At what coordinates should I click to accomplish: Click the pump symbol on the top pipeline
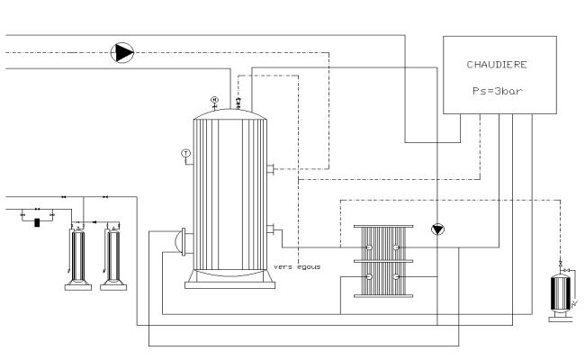click(121, 53)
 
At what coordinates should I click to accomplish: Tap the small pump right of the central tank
click(437, 229)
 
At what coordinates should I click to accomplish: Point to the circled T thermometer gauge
click(186, 153)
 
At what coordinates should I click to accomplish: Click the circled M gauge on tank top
click(214, 99)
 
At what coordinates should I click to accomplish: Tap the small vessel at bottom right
click(562, 293)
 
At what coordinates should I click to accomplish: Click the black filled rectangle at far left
click(37, 221)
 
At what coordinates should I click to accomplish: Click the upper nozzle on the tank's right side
click(270, 167)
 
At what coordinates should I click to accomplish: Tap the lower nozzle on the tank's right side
click(270, 228)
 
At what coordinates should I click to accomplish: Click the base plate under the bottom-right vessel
click(562, 318)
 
